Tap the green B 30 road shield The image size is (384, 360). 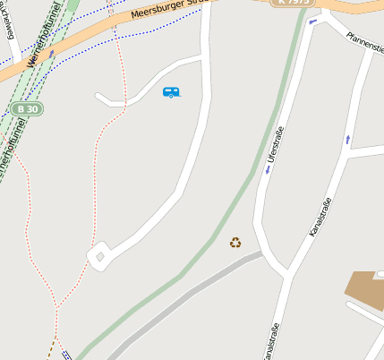click(29, 108)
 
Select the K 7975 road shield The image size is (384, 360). click(293, 3)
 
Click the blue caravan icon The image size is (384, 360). click(171, 91)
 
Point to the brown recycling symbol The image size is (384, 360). click(235, 242)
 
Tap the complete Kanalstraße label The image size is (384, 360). click(320, 217)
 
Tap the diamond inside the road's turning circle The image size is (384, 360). click(99, 257)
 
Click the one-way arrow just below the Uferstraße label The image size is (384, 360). click(268, 168)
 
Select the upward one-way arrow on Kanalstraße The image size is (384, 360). click(348, 139)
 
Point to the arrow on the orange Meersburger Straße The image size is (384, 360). click(52, 53)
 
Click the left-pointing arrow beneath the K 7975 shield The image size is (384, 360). click(311, 21)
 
